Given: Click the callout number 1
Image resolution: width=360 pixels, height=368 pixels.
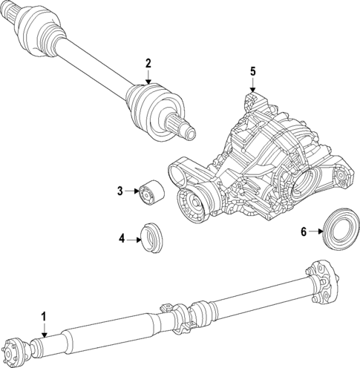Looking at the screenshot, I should (44, 317).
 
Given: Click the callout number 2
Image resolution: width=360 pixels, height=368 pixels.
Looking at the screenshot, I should (148, 63).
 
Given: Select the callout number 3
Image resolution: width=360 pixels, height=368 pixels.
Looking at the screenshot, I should (119, 191).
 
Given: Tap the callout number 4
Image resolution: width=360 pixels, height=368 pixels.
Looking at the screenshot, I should (121, 239).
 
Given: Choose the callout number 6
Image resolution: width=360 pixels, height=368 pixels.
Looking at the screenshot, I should (303, 231).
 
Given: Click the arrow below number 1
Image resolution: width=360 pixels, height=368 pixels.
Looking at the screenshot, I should (44, 330).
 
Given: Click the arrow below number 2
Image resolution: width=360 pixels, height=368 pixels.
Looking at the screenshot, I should (148, 76).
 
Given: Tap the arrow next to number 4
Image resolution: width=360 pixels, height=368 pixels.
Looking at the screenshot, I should (134, 239).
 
